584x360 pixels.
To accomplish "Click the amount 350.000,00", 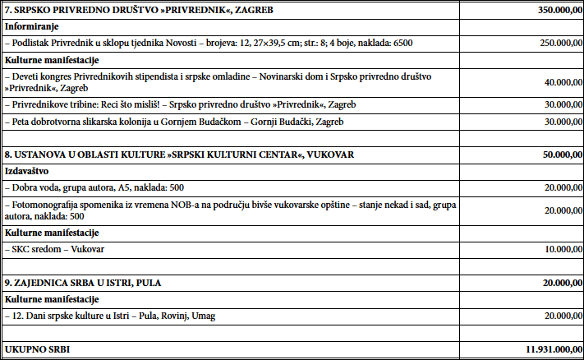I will click(x=549, y=11).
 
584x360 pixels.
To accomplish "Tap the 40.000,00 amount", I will click(x=553, y=83).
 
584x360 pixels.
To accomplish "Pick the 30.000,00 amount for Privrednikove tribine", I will click(x=553, y=105).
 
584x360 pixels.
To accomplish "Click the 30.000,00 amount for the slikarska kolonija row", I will click(x=553, y=122).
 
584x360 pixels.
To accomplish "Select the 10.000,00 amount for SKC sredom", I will click(x=553, y=249).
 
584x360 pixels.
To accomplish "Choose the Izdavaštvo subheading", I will click(x=27, y=172).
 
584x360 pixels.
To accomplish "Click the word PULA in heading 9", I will click(x=149, y=283).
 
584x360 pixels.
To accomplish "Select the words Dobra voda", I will click(x=33, y=187).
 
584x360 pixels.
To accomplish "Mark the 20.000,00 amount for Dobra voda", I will click(x=553, y=187).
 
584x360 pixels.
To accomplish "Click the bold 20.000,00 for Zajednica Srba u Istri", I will click(x=552, y=283).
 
